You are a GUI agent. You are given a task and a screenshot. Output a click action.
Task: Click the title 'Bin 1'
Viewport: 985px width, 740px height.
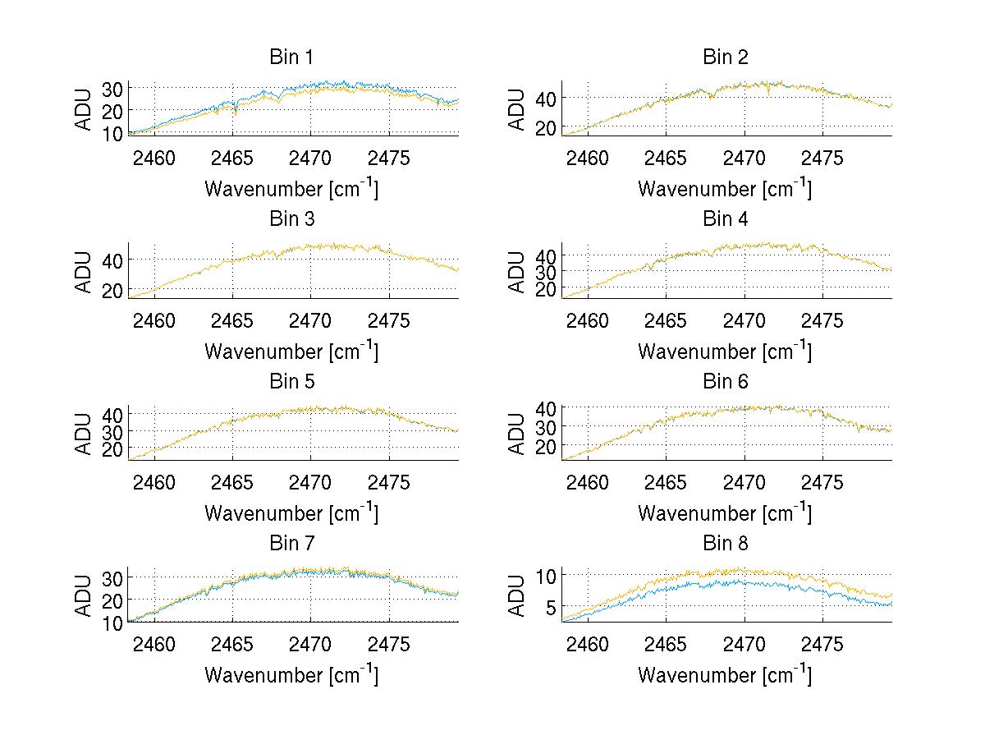[x=291, y=57]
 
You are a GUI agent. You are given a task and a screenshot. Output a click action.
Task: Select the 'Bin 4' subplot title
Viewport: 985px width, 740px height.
[x=726, y=219]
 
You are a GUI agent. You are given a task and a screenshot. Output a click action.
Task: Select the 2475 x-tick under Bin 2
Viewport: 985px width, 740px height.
[x=822, y=158]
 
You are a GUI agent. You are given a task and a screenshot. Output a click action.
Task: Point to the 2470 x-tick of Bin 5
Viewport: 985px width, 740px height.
[x=310, y=482]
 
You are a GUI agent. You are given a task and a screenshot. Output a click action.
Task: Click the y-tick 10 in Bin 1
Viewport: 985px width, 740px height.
[x=112, y=133]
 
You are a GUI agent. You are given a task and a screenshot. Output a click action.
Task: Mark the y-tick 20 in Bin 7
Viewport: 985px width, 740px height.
[x=112, y=600]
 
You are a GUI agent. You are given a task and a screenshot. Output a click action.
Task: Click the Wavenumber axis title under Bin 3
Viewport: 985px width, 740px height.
[x=291, y=351]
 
